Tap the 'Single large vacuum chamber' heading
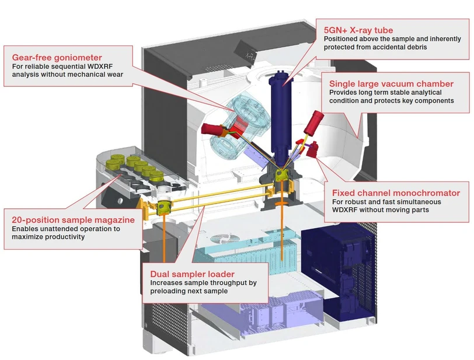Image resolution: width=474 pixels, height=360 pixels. [x=391, y=83]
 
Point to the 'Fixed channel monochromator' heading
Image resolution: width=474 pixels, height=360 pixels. [x=396, y=193]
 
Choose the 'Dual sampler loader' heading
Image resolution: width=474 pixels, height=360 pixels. [x=192, y=274]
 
